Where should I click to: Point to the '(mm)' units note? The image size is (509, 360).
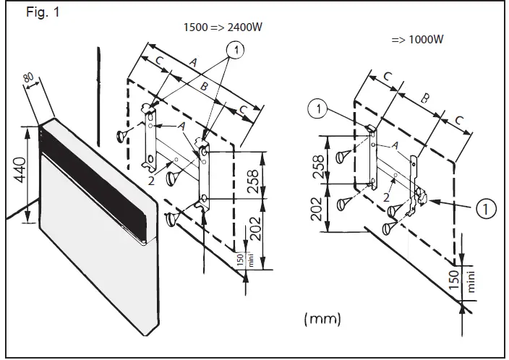click(322, 318)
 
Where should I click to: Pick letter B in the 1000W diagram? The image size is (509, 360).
click(424, 96)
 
